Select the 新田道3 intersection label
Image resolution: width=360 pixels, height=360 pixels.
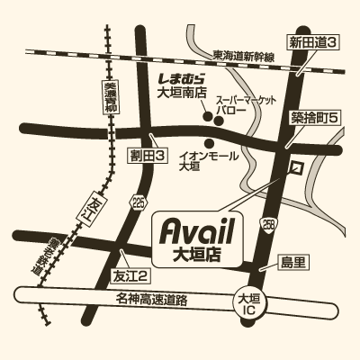[312, 42]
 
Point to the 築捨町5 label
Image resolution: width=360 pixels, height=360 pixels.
[312, 118]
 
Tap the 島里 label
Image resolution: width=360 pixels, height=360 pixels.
[293, 262]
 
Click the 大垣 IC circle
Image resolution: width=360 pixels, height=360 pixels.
[249, 303]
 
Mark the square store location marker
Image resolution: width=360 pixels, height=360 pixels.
[296, 168]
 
